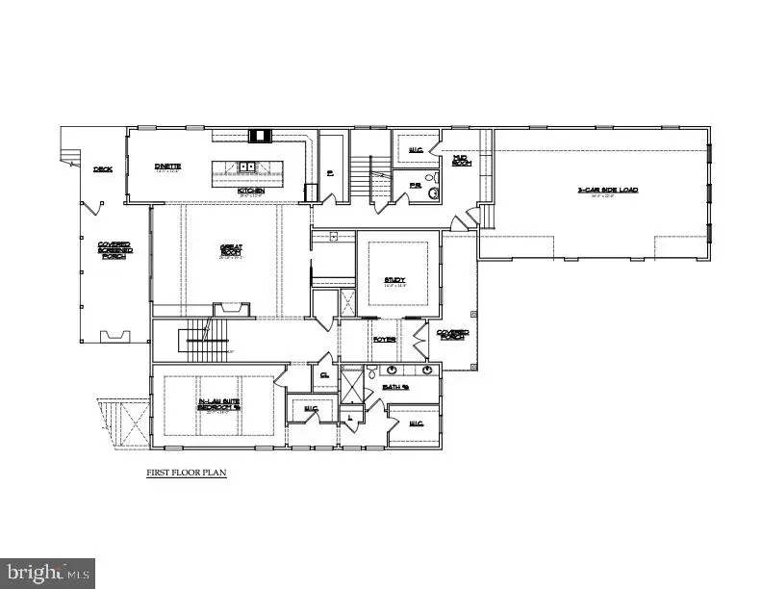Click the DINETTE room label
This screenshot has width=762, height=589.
[x=168, y=166]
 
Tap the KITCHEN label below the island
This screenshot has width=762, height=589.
[x=251, y=190]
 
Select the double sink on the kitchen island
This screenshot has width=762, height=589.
[x=246, y=167]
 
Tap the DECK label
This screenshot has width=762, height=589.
[x=103, y=169]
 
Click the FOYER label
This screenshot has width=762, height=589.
[x=385, y=339]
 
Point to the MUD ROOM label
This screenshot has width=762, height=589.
[x=460, y=160]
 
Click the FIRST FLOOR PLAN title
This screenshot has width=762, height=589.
[x=186, y=474]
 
